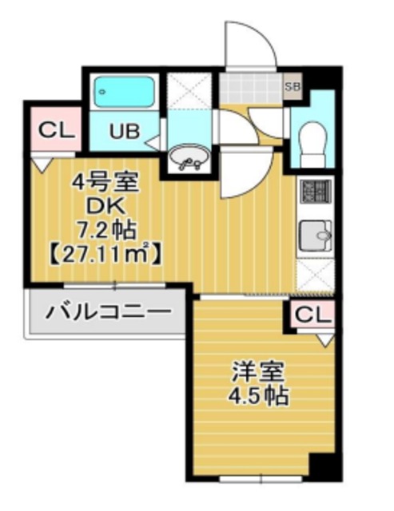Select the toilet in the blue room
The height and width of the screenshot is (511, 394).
point(314,143)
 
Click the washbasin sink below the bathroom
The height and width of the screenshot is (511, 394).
point(189,157)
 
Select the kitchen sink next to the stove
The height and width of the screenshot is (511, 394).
point(314,235)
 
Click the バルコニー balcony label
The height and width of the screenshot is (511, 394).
point(108,311)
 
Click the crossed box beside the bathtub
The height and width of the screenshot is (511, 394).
point(189,91)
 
